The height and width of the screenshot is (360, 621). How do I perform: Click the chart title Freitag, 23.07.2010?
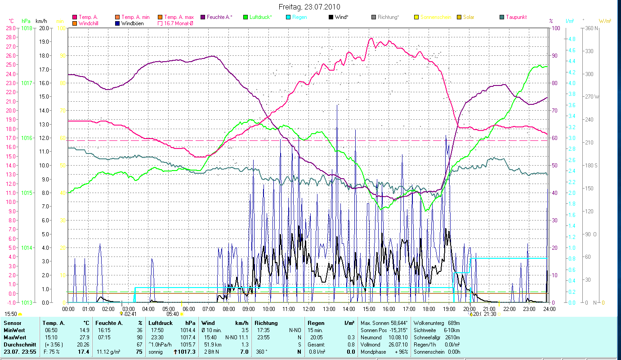pyautogui.click(x=309, y=7)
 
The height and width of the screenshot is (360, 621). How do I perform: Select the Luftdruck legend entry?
pyautogui.click(x=259, y=17)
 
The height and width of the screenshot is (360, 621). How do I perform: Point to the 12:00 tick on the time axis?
pyautogui.click(x=309, y=309)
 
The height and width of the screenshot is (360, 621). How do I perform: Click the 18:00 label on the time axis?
pyautogui.click(x=429, y=309)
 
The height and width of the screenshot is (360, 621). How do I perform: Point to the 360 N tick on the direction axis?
pyautogui.click(x=590, y=28)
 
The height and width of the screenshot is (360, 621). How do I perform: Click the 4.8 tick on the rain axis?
pyautogui.click(x=559, y=39)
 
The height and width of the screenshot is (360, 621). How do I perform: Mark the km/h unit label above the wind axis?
pyautogui.click(x=41, y=21)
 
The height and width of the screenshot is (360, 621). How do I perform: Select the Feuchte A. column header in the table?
pyautogui.click(x=107, y=323)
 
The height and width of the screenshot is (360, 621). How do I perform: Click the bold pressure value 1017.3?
pyautogui.click(x=187, y=351)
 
